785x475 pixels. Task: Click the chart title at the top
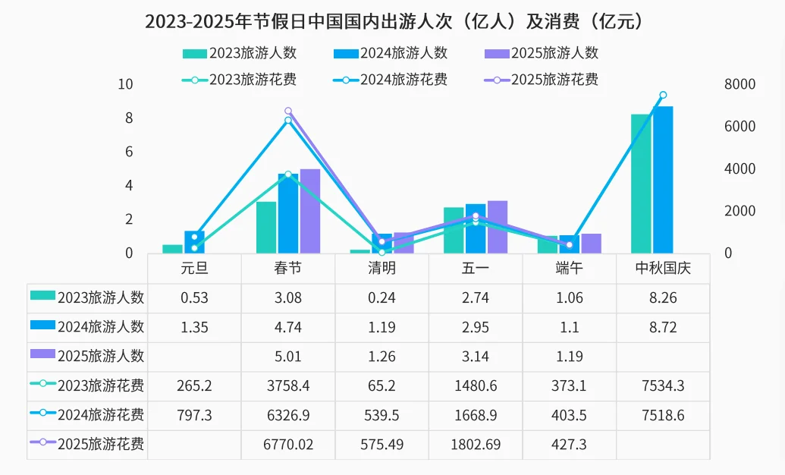392,21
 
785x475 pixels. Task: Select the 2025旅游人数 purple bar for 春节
309,211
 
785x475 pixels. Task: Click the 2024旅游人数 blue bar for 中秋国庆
663,180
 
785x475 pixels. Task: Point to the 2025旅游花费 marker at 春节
287,111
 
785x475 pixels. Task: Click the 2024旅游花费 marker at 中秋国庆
663,95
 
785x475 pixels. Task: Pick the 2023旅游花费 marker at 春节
287,175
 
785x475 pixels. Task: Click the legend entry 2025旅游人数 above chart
541,53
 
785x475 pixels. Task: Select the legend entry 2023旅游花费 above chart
240,79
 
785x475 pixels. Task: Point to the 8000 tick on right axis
739,84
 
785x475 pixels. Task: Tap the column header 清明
382,269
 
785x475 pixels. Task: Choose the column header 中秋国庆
663,269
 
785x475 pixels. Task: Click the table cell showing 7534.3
663,386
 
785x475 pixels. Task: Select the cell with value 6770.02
288,445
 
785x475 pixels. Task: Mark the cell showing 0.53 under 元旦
194,298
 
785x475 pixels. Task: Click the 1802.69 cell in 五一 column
476,445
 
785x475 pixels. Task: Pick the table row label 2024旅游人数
87,327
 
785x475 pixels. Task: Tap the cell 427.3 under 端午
569,445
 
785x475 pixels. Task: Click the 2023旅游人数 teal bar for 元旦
172,249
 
